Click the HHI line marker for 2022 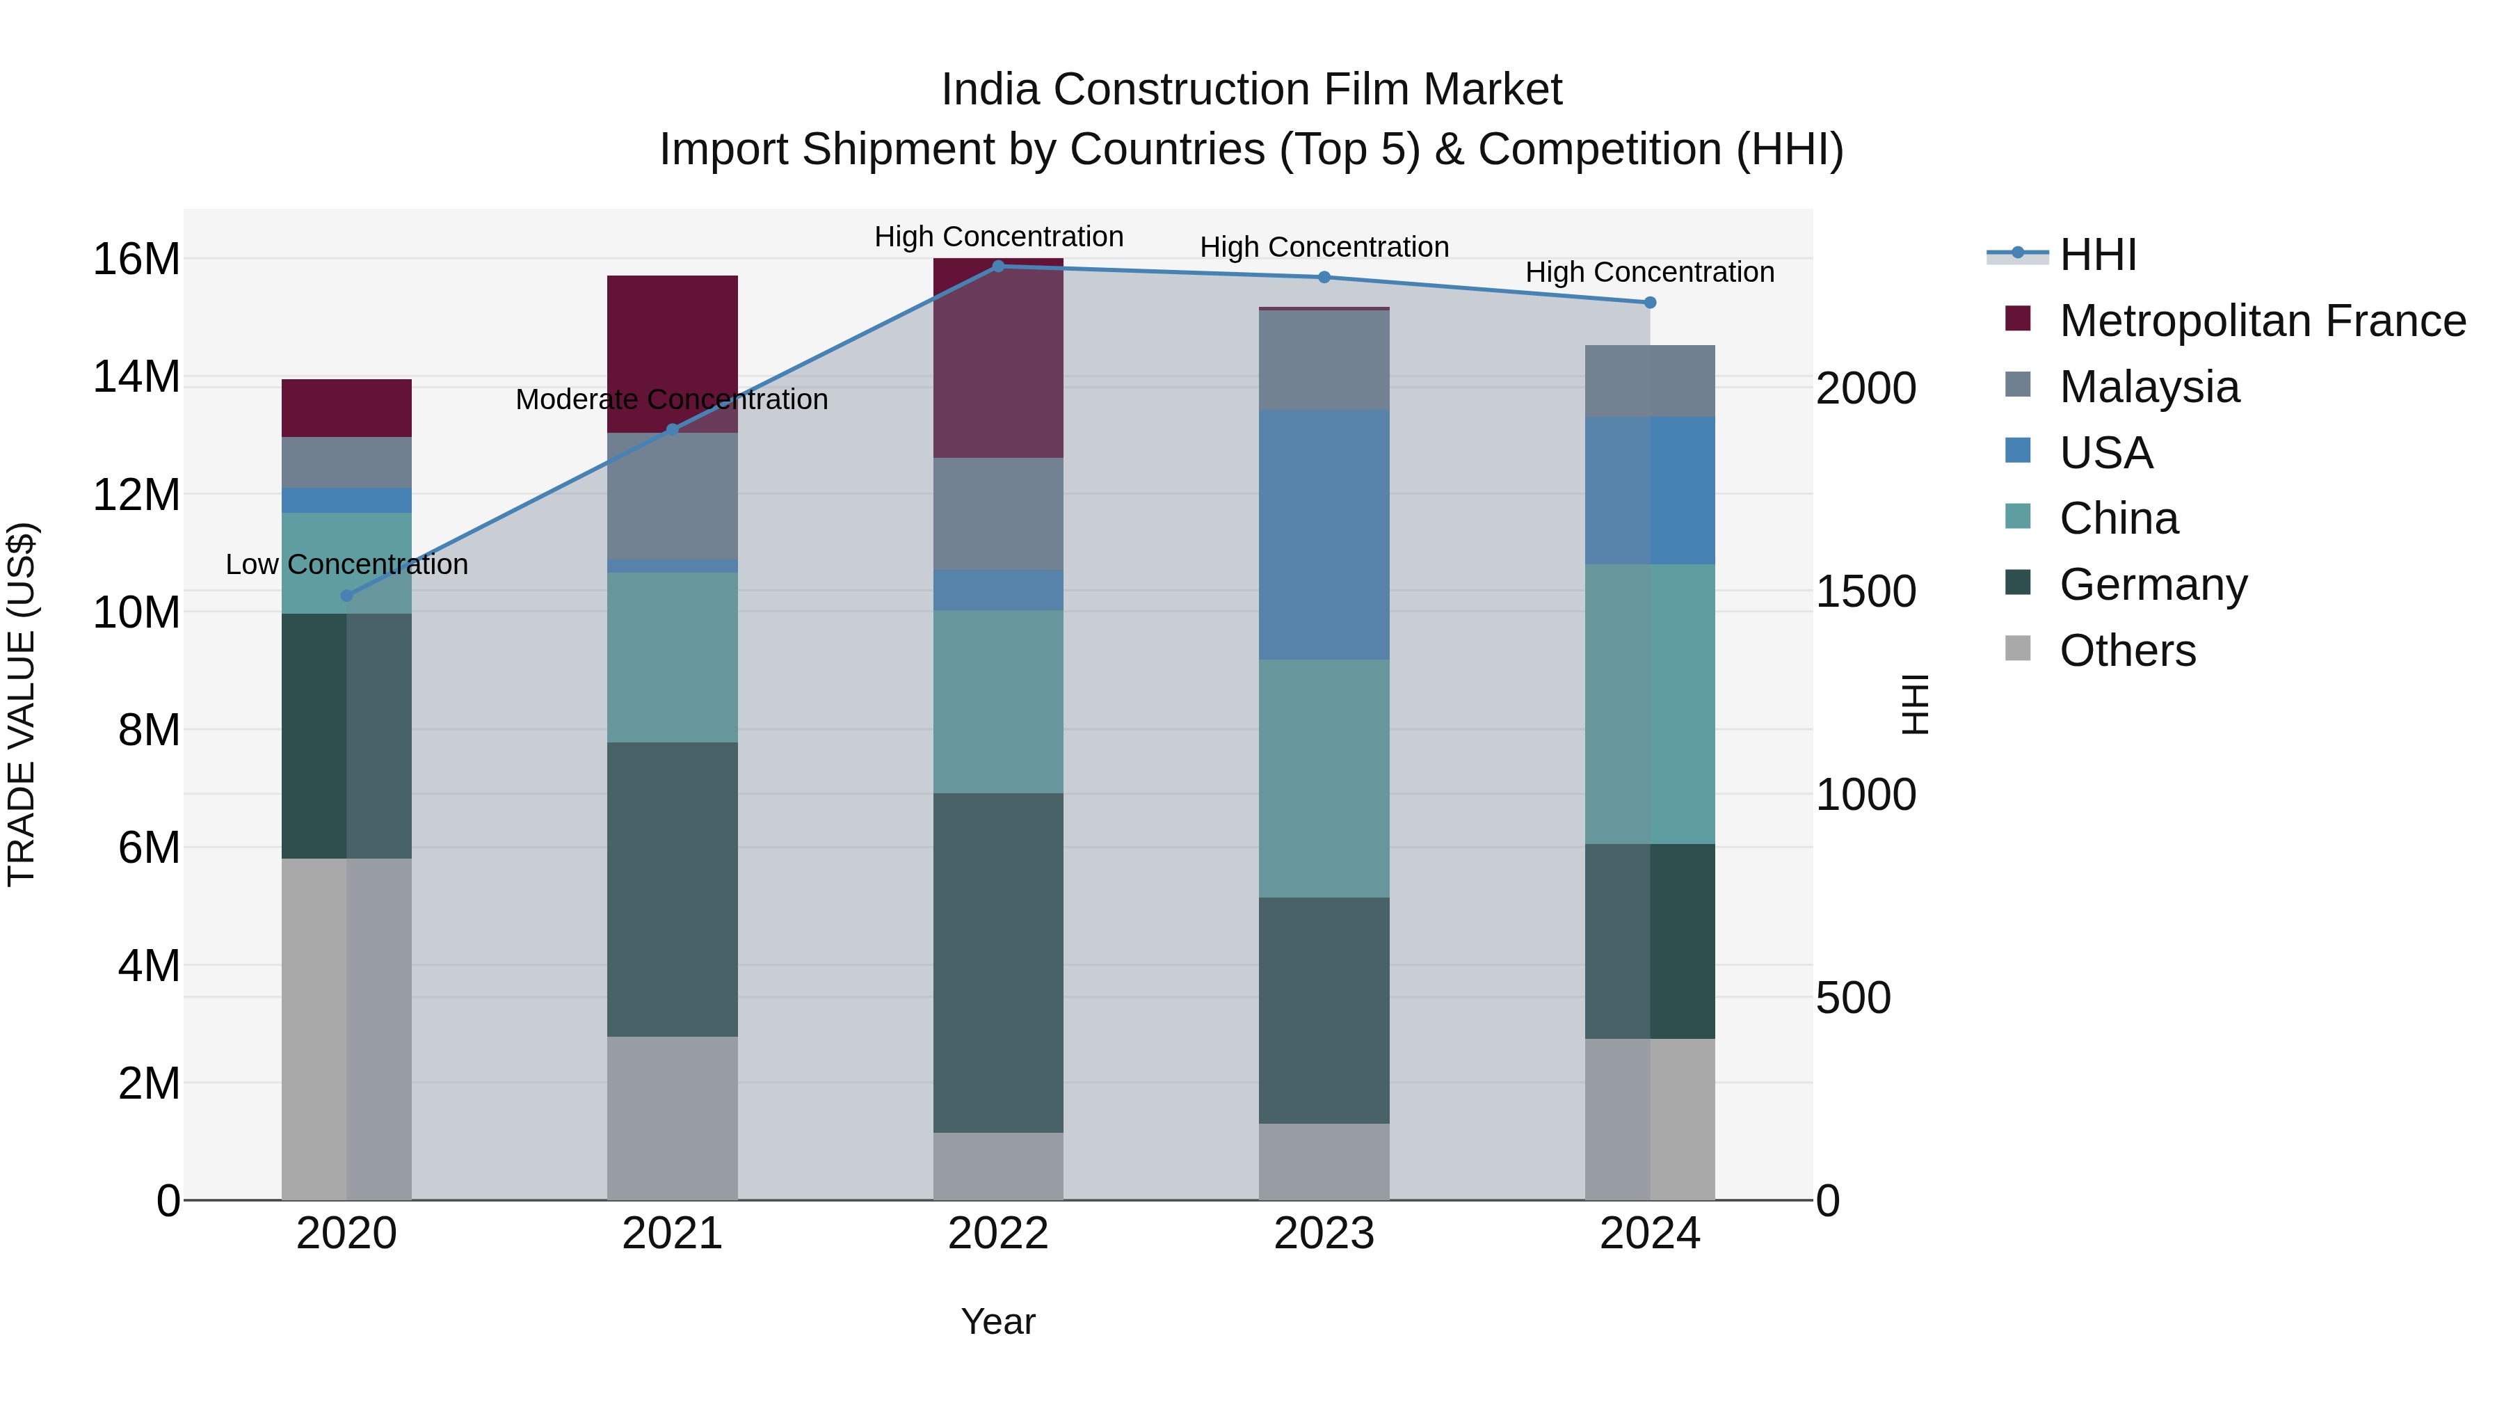pyautogui.click(x=997, y=266)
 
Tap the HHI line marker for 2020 pyautogui.click(x=346, y=595)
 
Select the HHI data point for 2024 pyautogui.click(x=1650, y=303)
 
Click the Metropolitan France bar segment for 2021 pyautogui.click(x=672, y=340)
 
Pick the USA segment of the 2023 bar pyautogui.click(x=1323, y=535)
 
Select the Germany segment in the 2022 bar pyautogui.click(x=997, y=963)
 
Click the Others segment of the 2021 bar pyautogui.click(x=672, y=1118)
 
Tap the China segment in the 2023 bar pyautogui.click(x=1323, y=778)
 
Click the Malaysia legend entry pyautogui.click(x=2149, y=387)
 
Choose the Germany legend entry pyautogui.click(x=2152, y=584)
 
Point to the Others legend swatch pyautogui.click(x=2017, y=648)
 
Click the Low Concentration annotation pyautogui.click(x=346, y=564)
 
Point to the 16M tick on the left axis pyautogui.click(x=136, y=260)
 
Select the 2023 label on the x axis pyautogui.click(x=1323, y=1234)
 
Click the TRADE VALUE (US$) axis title pyautogui.click(x=22, y=704)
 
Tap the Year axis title pyautogui.click(x=997, y=1321)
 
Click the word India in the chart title pyautogui.click(x=990, y=90)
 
